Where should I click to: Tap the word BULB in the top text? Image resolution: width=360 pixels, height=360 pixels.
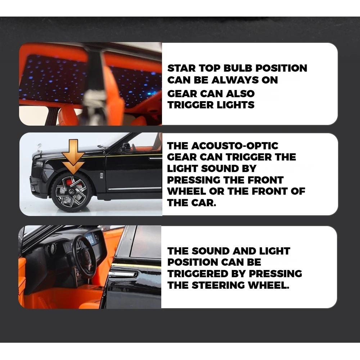238,68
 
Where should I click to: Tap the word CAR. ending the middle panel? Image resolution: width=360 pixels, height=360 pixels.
204,203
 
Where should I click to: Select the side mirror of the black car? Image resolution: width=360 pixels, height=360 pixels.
125,147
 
